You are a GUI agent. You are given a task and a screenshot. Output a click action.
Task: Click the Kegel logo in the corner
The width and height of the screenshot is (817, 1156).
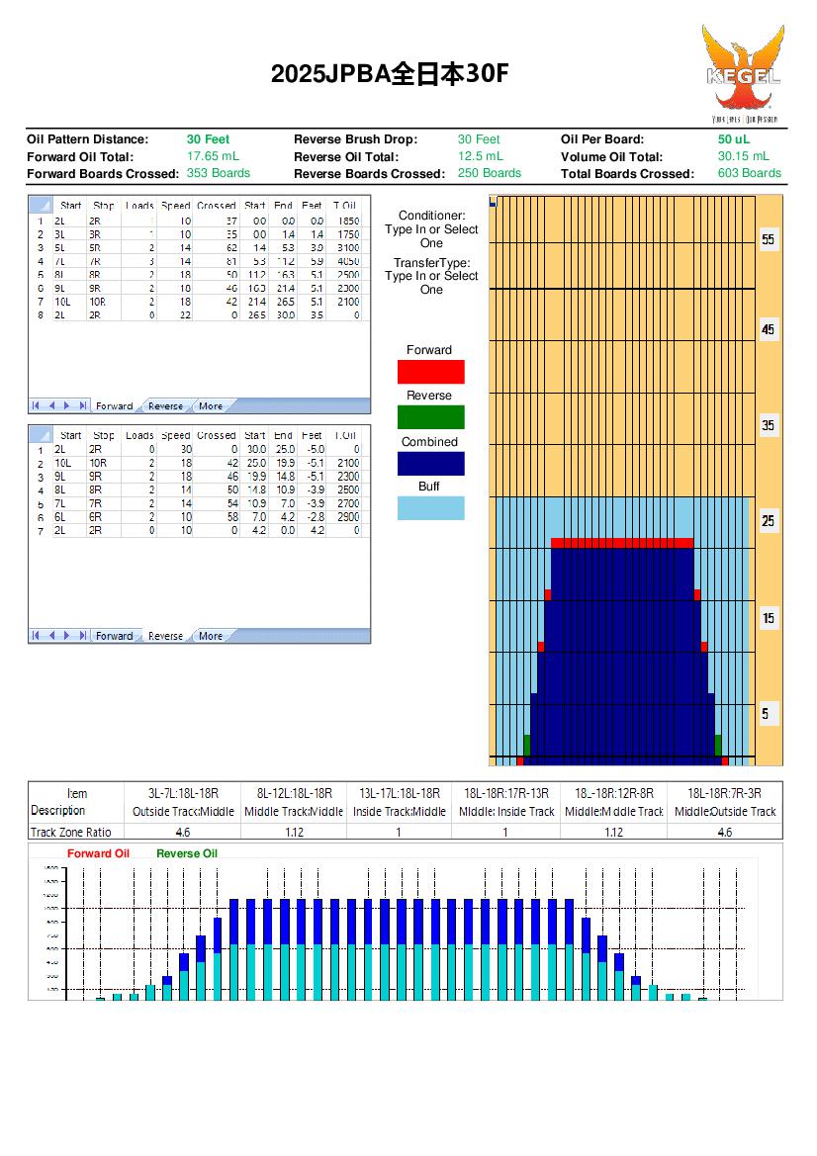coord(742,73)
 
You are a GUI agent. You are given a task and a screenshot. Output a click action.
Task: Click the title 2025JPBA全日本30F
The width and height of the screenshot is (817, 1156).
coord(391,74)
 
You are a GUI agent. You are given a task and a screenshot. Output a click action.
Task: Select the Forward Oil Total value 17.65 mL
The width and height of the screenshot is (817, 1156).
coord(213,156)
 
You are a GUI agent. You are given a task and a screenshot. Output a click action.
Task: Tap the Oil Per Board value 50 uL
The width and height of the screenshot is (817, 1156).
coord(733,139)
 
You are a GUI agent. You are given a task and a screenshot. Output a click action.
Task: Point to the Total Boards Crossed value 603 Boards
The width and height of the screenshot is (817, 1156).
coord(749,173)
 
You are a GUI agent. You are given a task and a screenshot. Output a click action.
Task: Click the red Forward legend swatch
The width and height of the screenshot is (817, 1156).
coord(430,372)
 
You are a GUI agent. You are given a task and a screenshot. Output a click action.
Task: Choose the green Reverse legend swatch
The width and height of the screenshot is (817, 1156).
coord(430,417)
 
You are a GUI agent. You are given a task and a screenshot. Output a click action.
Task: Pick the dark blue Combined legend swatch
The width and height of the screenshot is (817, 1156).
coord(430,464)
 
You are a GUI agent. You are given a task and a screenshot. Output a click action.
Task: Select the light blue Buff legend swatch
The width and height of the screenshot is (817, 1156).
coord(430,508)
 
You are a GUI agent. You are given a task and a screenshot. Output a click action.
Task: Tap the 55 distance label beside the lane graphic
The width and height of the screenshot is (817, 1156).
coord(769,240)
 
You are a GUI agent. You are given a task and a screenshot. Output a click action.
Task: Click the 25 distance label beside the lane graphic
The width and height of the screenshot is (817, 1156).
coord(769,521)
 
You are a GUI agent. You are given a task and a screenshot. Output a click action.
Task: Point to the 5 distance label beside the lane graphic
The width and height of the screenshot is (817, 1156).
coord(769,713)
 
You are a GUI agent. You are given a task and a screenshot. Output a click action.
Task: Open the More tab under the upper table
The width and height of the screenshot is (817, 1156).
coord(211,406)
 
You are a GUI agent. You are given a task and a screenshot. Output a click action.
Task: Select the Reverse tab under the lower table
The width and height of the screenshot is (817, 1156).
coord(165,636)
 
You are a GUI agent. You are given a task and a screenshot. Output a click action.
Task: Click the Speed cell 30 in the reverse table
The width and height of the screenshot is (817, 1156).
coord(183,449)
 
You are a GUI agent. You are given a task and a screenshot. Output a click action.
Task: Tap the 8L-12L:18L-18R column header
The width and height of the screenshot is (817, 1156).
coord(294,793)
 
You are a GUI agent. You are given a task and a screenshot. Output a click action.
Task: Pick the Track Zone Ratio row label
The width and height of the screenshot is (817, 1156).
coord(71,833)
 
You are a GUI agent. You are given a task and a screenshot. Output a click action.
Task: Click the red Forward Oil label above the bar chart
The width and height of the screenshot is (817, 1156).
coord(97,853)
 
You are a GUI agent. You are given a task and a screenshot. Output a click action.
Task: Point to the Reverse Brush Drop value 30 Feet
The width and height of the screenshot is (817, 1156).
coord(479,139)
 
